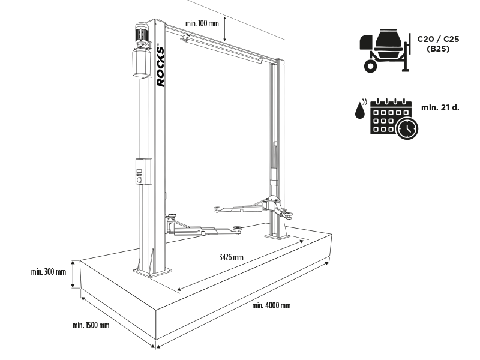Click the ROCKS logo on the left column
(161, 65)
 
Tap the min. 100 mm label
(202, 23)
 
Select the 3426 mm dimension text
(230, 257)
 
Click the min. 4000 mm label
(271, 305)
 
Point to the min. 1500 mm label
(91, 326)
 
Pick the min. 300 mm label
(48, 272)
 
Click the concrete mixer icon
(383, 52)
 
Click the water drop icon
(359, 110)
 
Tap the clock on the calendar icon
(406, 128)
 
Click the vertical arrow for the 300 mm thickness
(73, 274)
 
